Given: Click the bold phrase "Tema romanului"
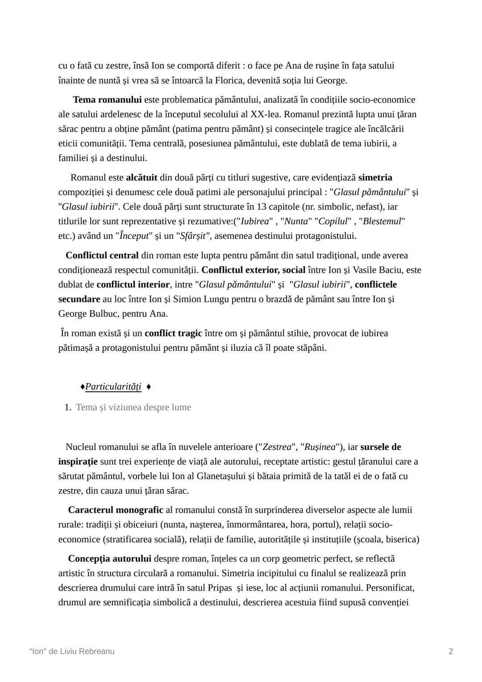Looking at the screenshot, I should coord(107,100).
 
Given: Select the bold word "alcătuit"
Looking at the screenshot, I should coord(141,178).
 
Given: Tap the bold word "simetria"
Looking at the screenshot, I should coord(375,178).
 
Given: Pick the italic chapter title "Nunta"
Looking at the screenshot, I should coord(296,221).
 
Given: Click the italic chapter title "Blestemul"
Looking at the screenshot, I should coord(382,221).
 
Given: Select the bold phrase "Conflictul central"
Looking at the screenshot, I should coord(102,255).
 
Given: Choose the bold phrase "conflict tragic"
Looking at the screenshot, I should coord(173,333).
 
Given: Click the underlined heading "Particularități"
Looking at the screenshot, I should coord(113,387).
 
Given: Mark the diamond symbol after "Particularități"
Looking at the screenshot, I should coord(149,387).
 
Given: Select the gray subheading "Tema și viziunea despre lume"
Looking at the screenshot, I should coord(133,408).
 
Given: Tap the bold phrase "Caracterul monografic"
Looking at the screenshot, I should coord(116,510).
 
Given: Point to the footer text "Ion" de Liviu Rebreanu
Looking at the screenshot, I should coord(72,652).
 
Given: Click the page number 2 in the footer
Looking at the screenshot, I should coord(451,652).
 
